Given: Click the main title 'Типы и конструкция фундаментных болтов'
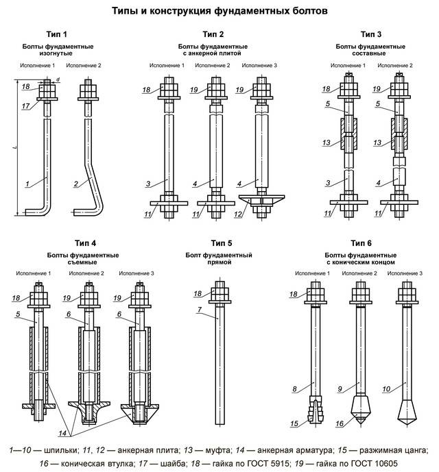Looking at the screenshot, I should click(x=219, y=11).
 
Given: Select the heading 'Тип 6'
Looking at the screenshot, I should click(x=361, y=243).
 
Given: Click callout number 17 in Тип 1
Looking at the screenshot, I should click(x=25, y=105).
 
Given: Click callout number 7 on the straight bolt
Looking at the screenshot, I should click(x=197, y=310).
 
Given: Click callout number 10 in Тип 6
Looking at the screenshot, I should click(x=386, y=389).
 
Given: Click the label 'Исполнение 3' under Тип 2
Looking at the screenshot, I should click(x=260, y=65).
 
